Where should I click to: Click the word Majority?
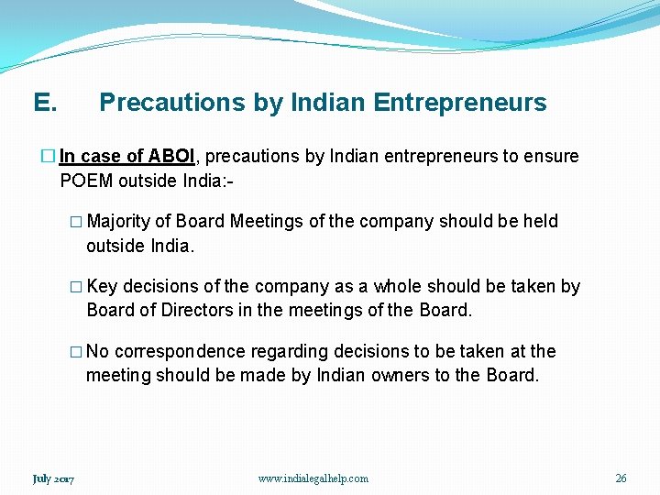[118, 221]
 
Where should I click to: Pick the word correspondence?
[180, 351]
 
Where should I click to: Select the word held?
[540, 221]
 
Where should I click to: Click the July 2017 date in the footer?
[53, 478]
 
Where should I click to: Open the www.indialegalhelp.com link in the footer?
[313, 478]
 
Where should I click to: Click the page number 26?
[621, 478]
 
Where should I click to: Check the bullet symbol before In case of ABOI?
[49, 157]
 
